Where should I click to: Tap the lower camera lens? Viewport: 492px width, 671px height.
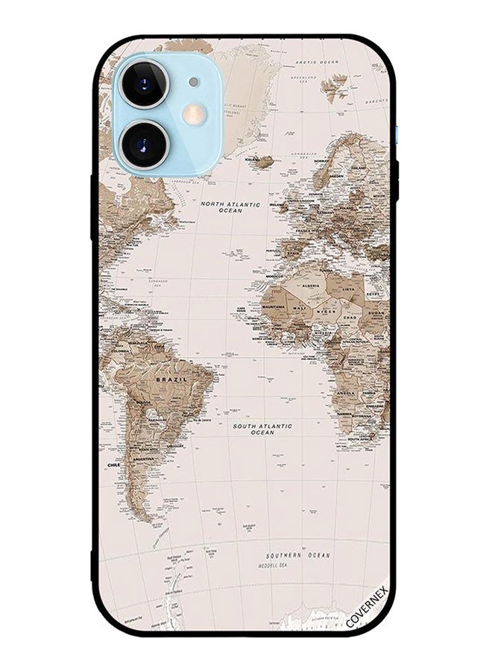(x=144, y=142)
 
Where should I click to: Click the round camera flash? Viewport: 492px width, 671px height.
(x=193, y=113)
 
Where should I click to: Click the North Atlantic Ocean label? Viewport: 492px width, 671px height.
(x=230, y=207)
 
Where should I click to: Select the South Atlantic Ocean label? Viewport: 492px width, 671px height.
(x=262, y=429)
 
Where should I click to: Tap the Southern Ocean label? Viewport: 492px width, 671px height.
(x=297, y=556)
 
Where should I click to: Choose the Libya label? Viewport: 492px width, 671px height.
(x=347, y=287)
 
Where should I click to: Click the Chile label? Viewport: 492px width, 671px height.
(x=113, y=464)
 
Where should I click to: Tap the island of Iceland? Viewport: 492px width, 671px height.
(x=261, y=161)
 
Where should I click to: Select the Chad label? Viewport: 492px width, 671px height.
(x=349, y=317)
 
